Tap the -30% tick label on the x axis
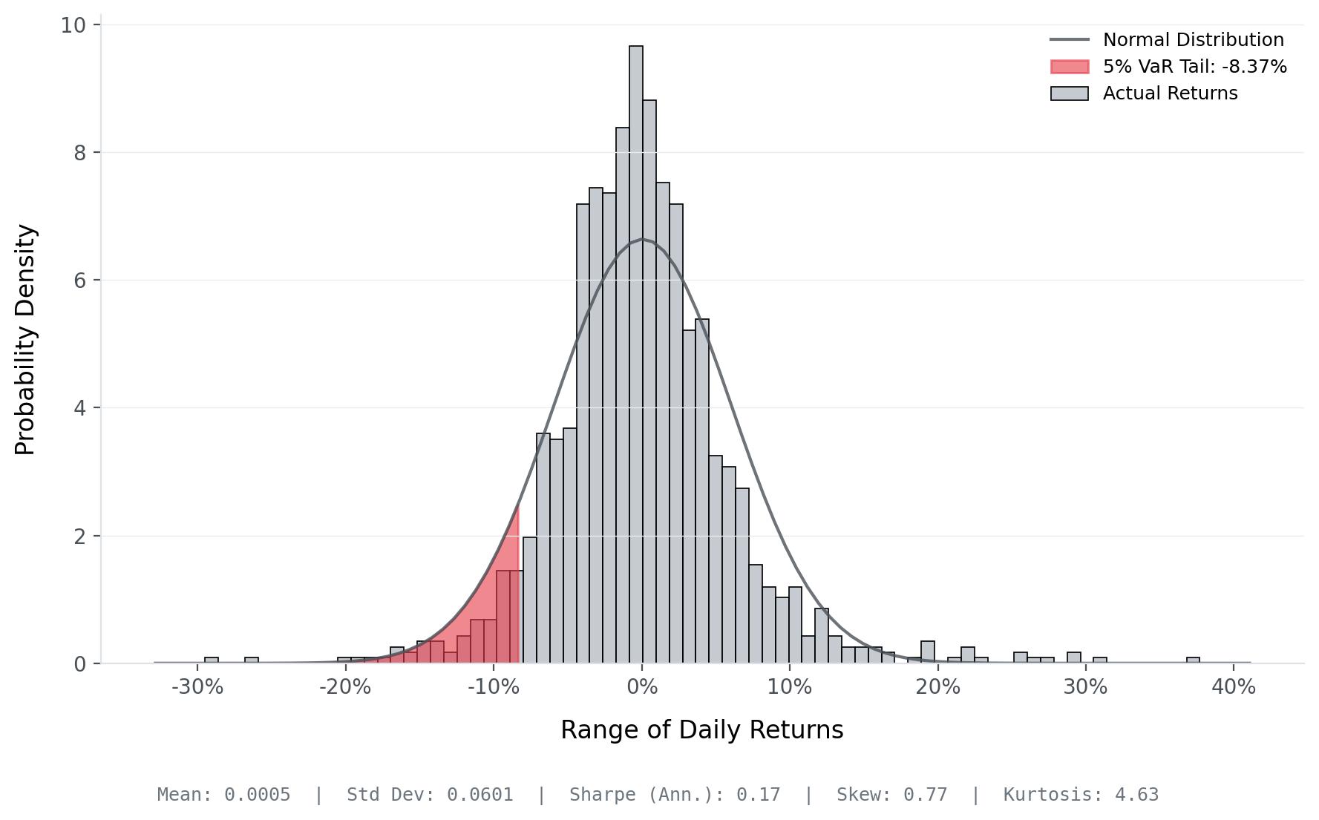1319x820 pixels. point(197,687)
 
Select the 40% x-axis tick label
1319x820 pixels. point(1233,687)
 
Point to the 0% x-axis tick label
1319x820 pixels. point(642,687)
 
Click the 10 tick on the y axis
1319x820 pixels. point(73,25)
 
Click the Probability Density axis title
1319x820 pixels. point(26,340)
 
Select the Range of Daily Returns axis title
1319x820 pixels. point(701,730)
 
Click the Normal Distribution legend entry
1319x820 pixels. point(1193,40)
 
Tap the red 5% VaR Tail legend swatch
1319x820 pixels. point(1070,67)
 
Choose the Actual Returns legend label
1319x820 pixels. point(1170,94)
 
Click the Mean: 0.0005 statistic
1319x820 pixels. point(223,795)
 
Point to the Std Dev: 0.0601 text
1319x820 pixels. point(430,795)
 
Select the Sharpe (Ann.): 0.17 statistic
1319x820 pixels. point(675,795)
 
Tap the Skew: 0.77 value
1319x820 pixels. point(891,795)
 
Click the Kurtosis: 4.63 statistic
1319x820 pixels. point(1081,795)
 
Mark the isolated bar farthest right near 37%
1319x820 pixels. point(1193,660)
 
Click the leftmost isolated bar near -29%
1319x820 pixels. point(212,660)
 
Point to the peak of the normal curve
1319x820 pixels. point(643,239)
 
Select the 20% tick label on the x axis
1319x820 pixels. point(937,687)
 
